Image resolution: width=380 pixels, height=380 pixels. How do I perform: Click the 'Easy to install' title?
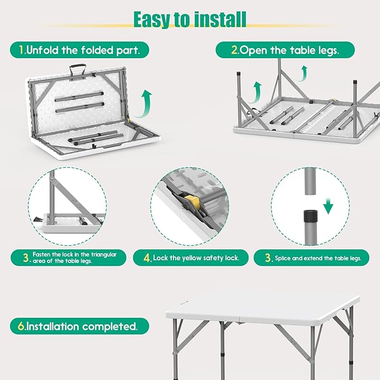(190, 20)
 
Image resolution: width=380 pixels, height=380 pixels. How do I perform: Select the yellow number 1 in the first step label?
(22, 50)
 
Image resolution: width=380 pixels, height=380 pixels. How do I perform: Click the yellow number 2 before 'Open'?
(234, 50)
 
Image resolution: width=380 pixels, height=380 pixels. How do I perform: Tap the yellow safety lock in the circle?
(192, 201)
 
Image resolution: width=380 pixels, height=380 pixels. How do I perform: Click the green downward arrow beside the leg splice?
(329, 206)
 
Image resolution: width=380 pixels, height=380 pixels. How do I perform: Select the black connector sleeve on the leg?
(311, 216)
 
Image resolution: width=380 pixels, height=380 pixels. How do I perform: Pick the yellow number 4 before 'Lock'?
(147, 258)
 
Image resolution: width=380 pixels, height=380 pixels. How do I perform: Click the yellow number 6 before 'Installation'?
(21, 326)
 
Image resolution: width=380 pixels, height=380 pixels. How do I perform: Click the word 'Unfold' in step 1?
(42, 50)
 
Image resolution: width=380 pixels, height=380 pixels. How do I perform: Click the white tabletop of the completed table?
(262, 309)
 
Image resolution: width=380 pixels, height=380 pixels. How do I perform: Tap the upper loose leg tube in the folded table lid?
(79, 97)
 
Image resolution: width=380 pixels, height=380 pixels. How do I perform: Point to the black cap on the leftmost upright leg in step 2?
(239, 73)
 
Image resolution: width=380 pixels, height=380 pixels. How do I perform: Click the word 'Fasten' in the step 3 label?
(41, 255)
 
